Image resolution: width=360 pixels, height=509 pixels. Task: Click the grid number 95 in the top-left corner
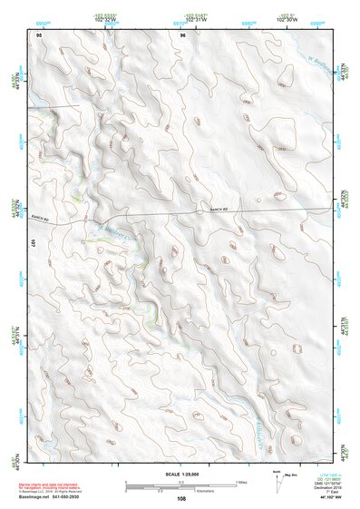[39, 34]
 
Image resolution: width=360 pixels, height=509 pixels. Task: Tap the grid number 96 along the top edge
[182, 34]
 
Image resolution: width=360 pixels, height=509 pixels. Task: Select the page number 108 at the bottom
[182, 498]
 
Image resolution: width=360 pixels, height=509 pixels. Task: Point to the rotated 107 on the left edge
[31, 243]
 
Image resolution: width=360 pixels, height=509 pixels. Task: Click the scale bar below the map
[181, 485]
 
